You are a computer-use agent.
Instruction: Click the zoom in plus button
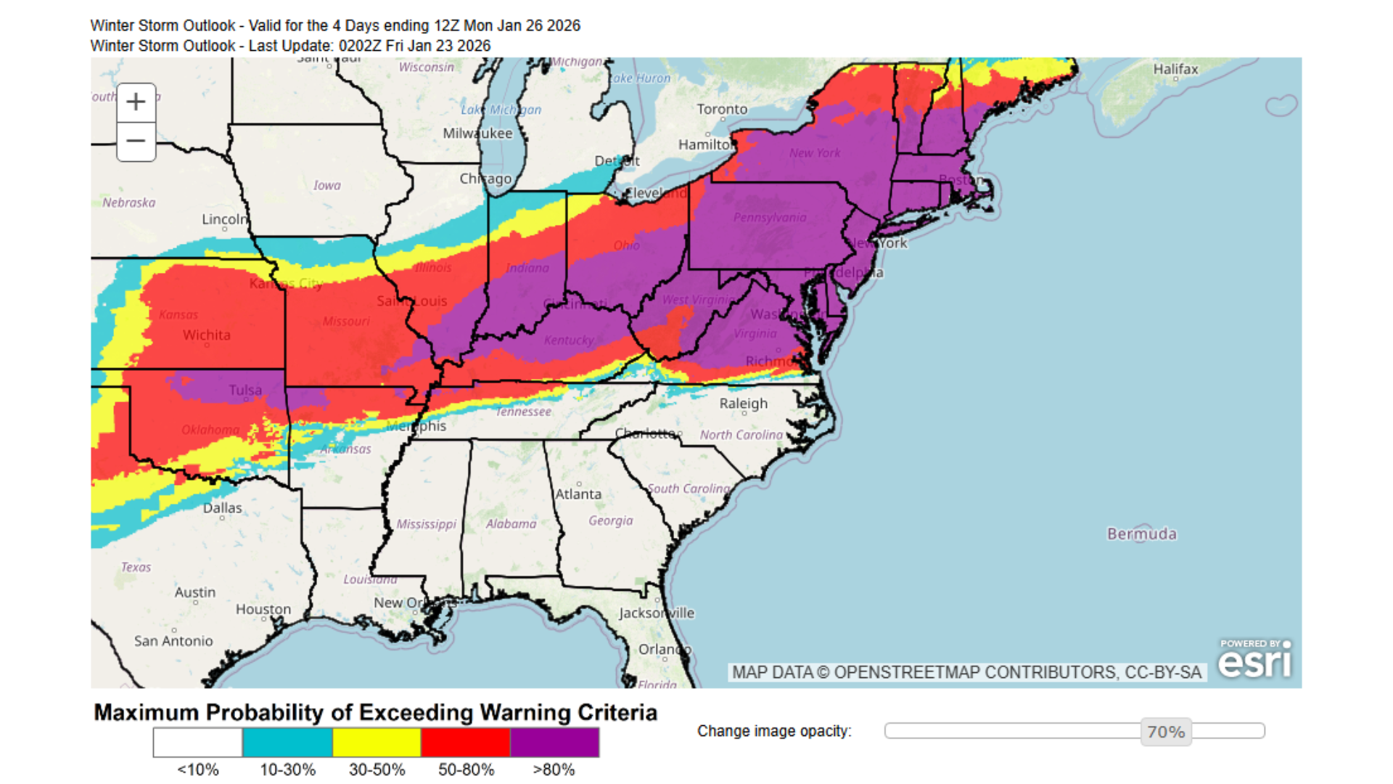[136, 102]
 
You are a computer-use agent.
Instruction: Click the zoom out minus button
[136, 141]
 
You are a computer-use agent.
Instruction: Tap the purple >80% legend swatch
[554, 743]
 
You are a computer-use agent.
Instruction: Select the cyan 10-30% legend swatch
[287, 743]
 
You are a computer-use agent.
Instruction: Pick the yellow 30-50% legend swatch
[377, 743]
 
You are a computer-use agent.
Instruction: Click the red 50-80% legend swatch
[466, 743]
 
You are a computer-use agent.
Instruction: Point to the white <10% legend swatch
[198, 743]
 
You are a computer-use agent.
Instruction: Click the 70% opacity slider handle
[1166, 732]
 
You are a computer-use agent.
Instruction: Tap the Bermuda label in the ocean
[1141, 534]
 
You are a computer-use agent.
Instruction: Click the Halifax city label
[1175, 69]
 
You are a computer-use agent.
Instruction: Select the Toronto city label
[722, 109]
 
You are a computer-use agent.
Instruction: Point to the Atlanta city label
[578, 494]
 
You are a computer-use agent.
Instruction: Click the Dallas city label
[222, 507]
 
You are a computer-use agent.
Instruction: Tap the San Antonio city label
[173, 640]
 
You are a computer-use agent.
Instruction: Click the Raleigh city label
[743, 403]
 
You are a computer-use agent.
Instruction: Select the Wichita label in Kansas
[206, 335]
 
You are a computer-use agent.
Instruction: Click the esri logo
[1255, 661]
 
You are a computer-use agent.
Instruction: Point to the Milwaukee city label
[477, 133]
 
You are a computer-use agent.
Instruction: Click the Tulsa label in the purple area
[245, 390]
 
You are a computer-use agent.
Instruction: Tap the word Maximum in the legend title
[146, 712]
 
